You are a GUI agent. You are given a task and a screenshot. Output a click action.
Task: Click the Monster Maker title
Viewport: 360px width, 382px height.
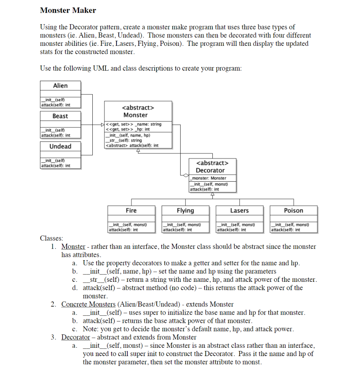pyautogui.click(x=68, y=10)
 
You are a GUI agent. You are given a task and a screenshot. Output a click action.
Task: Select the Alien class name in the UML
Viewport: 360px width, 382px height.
pyautogui.click(x=60, y=86)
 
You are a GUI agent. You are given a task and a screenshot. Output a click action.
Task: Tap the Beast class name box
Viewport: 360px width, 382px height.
pyautogui.click(x=60, y=116)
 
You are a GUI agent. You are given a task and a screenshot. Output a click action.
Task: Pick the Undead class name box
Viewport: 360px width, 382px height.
pyautogui.click(x=60, y=146)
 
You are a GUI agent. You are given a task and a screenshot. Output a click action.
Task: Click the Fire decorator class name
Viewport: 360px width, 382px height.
pyautogui.click(x=131, y=210)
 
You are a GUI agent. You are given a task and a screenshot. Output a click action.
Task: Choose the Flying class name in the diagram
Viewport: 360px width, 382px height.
pyautogui.click(x=185, y=210)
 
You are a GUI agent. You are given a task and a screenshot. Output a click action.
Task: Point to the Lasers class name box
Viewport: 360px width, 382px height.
pyautogui.click(x=240, y=210)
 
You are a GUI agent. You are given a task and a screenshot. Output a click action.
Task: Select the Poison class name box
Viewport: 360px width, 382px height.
pyautogui.click(x=294, y=210)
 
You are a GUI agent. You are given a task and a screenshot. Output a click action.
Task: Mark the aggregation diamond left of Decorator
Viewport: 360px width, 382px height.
pyautogui.click(x=185, y=176)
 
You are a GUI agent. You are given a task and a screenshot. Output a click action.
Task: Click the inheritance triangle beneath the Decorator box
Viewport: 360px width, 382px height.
pyautogui.click(x=212, y=194)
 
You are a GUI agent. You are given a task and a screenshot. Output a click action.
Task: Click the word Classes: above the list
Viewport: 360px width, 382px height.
pyautogui.click(x=51, y=238)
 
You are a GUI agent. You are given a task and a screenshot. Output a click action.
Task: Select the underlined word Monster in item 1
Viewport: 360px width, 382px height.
pyautogui.click(x=73, y=247)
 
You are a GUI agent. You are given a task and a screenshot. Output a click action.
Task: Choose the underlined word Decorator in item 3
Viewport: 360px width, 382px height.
pyautogui.click(x=75, y=338)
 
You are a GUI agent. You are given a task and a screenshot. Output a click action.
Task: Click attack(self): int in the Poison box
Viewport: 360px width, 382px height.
pyautogui.click(x=286, y=230)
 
